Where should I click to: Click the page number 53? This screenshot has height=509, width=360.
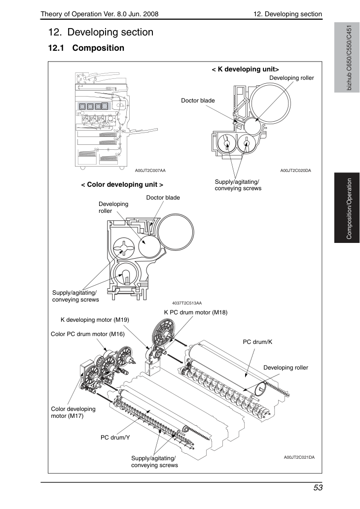tap(318, 488)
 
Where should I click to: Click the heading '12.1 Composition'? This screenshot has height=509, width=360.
tap(86, 48)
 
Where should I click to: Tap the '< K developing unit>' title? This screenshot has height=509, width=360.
tap(245, 69)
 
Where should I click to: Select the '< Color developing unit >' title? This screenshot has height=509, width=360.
tap(122, 185)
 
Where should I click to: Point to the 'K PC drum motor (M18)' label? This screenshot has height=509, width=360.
tap(196, 312)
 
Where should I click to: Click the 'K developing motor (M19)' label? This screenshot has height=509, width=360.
tap(95, 320)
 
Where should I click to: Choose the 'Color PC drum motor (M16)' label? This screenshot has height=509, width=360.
tap(88, 334)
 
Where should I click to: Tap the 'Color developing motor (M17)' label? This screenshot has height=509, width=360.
tap(73, 412)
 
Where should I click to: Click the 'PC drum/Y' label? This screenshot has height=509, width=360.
tap(115, 438)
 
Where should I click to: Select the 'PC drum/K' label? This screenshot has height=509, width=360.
tap(257, 342)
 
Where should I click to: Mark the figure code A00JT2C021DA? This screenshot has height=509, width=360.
tap(299, 457)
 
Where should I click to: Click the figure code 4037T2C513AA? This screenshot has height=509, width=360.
tap(187, 303)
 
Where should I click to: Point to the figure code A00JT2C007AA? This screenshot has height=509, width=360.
tap(150, 170)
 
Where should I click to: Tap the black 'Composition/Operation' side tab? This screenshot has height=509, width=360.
tap(347, 208)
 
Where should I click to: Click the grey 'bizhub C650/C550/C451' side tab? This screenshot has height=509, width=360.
tap(347, 58)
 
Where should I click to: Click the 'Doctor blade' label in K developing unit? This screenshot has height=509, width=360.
tap(198, 101)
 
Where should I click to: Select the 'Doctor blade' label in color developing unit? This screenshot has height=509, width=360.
tap(163, 198)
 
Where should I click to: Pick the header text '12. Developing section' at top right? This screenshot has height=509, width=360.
tap(288, 14)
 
